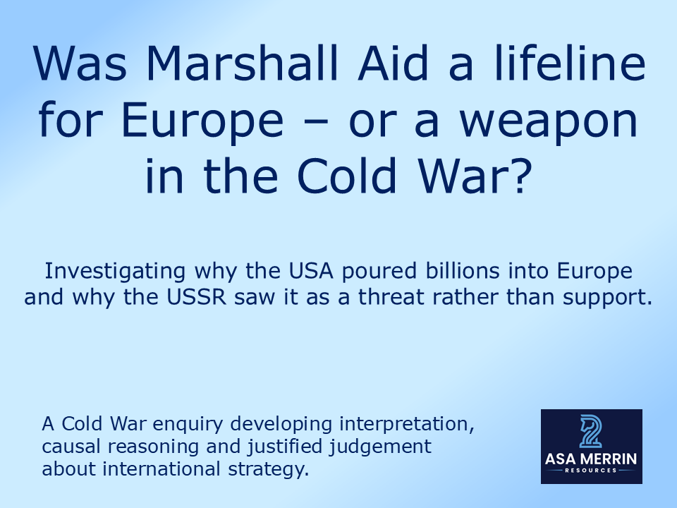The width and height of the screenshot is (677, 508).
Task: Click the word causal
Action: coord(65,447)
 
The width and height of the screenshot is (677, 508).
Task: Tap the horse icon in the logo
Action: coord(591,432)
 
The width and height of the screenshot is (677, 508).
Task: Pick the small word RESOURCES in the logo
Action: coord(591,471)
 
